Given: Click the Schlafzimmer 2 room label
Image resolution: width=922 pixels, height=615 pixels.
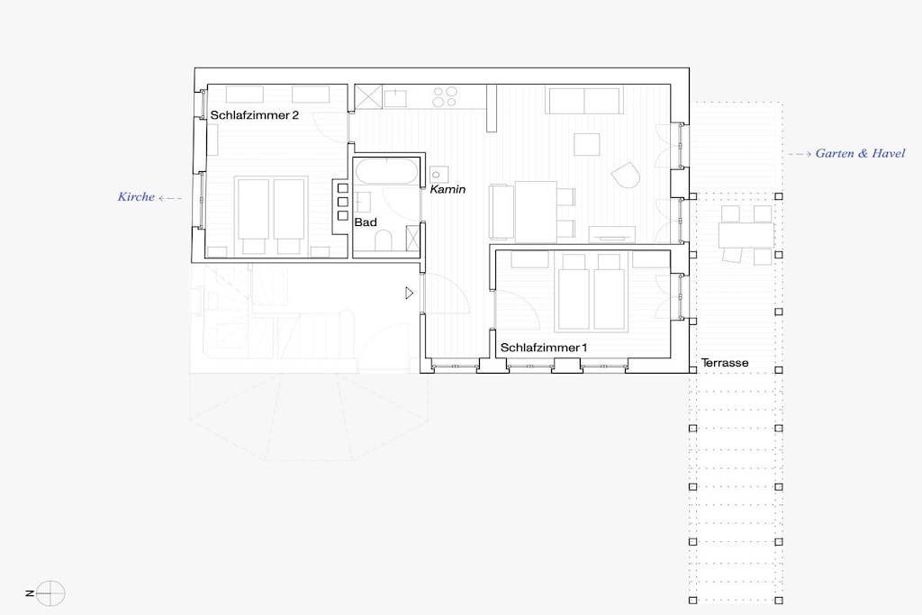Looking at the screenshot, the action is pos(255,115).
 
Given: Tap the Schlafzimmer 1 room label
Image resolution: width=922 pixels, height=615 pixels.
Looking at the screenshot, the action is pos(543,348).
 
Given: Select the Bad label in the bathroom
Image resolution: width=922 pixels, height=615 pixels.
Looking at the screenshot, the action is pos(366,222).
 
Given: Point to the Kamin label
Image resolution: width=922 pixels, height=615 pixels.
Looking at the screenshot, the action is pos(447,189).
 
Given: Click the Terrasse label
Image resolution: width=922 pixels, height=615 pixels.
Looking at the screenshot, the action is pos(725,363).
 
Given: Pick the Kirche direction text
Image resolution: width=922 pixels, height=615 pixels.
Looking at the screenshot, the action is pos(136,197).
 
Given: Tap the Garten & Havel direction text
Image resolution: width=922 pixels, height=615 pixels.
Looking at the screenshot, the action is pos(860,153).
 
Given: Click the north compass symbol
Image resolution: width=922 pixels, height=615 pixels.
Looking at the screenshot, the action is pos(50,592).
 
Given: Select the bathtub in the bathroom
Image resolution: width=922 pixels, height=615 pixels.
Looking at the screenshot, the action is pos(386,172).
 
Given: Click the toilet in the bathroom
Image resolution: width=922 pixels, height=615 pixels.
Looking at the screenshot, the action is pos(384,240).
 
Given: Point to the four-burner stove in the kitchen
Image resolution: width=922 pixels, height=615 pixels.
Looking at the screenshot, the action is pos(445,96).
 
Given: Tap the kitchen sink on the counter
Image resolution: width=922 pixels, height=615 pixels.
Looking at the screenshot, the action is pos(396,97).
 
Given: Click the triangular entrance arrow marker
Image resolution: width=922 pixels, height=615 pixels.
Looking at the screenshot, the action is pos(410,293).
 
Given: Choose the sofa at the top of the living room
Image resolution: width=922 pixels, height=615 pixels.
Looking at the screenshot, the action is pos(583,100).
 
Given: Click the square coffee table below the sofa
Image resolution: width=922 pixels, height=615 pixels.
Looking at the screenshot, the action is pos(587,145).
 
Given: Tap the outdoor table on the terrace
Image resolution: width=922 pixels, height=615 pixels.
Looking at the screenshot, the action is pos(746,235).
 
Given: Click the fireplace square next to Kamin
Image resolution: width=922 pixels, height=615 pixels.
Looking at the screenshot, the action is pos(438,175).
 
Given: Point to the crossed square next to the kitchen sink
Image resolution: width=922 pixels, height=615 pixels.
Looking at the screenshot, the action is pos(368,97).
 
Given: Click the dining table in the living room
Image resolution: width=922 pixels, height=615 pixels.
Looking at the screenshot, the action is pos(536,212).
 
